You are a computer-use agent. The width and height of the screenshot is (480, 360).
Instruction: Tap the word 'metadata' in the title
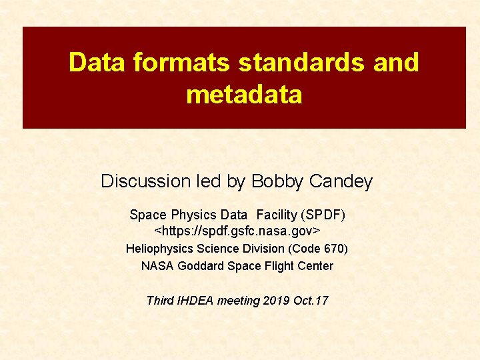(x=244, y=95)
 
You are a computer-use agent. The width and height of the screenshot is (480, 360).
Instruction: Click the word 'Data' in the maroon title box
(x=97, y=63)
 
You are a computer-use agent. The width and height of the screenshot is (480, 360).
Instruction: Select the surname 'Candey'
(x=342, y=181)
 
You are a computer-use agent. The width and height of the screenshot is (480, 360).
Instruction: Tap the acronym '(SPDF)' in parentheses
(x=323, y=215)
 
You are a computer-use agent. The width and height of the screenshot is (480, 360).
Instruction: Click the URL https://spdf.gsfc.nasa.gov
(x=237, y=231)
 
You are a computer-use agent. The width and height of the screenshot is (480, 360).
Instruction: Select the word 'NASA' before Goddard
(x=155, y=266)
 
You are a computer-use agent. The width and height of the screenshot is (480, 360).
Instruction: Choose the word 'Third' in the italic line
(x=161, y=301)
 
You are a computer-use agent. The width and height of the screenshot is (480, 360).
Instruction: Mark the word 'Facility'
(x=277, y=215)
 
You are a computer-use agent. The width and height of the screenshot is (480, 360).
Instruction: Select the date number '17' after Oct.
(x=321, y=301)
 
